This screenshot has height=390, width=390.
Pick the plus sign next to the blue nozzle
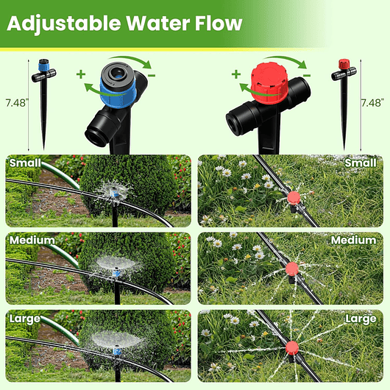[x=80, y=74]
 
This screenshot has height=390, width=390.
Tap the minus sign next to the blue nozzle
[x=151, y=74]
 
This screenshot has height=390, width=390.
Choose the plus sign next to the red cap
[x=235, y=74]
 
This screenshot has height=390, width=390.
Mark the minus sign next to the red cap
[x=307, y=74]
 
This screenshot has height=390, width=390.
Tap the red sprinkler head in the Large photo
[x=292, y=347]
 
